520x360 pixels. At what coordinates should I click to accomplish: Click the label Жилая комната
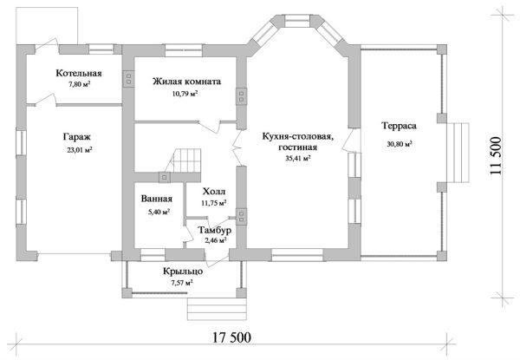coord(186,82)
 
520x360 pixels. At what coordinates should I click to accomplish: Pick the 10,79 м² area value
coord(185,93)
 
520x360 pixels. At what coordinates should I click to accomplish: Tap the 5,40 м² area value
coord(156,210)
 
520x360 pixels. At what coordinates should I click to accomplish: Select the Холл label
coord(213,192)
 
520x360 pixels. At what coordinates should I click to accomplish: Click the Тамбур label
coord(213,230)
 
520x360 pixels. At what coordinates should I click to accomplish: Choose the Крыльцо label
coord(183,271)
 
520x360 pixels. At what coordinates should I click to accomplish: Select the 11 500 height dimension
coord(497,157)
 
